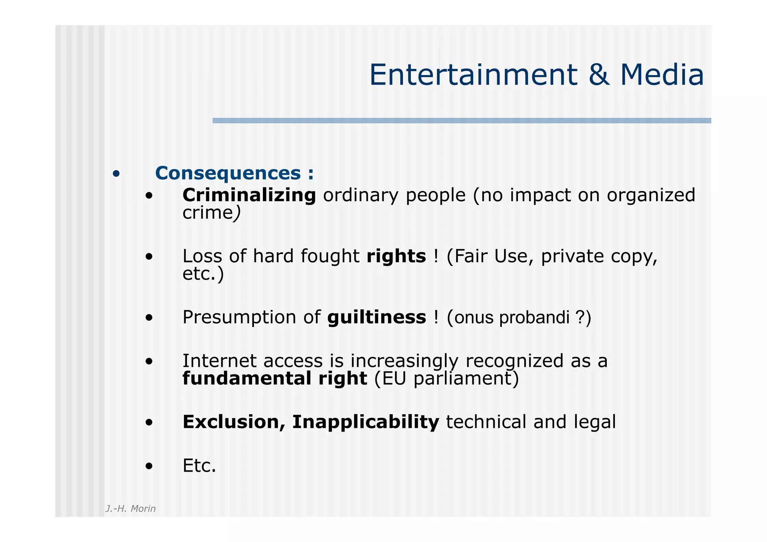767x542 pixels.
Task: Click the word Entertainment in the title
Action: pyautogui.click(x=473, y=75)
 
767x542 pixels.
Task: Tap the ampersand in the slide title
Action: pyautogui.click(x=598, y=75)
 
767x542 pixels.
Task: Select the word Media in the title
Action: pyautogui.click(x=662, y=75)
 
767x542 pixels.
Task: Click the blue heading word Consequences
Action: pyautogui.click(x=228, y=173)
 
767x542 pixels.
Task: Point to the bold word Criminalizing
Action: pyautogui.click(x=249, y=195)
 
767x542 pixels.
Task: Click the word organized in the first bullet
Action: pyautogui.click(x=651, y=196)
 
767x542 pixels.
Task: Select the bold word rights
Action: pyautogui.click(x=396, y=256)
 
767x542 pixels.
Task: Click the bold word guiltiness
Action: pyautogui.click(x=376, y=317)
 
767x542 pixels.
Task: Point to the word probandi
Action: pyautogui.click(x=534, y=318)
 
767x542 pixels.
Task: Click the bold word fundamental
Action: pyautogui.click(x=247, y=378)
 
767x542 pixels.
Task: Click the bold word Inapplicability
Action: pyautogui.click(x=366, y=422)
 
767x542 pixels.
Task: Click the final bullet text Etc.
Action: pyautogui.click(x=199, y=466)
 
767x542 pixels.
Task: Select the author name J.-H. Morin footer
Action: pyautogui.click(x=130, y=508)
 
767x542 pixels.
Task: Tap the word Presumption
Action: pyautogui.click(x=239, y=318)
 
